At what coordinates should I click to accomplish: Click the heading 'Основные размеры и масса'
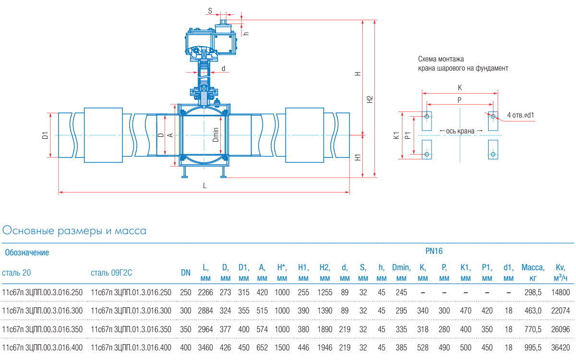click(x=74, y=231)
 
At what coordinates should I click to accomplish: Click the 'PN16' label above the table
click(x=434, y=251)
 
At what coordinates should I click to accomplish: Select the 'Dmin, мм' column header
click(x=401, y=273)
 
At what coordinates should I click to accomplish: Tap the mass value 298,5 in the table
click(x=533, y=292)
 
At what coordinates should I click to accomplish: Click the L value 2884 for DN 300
click(x=205, y=311)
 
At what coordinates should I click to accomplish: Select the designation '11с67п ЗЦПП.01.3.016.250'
click(x=131, y=292)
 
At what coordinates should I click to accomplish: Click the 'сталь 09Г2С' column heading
click(x=111, y=273)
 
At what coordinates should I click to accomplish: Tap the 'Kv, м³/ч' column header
click(x=561, y=273)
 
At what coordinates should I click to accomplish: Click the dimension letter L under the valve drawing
click(x=204, y=186)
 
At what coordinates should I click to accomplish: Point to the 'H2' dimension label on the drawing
click(x=369, y=99)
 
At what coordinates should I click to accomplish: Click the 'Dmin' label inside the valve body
click(x=216, y=134)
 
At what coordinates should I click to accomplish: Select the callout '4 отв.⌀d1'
click(x=521, y=115)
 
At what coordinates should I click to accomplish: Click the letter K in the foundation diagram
click(x=460, y=88)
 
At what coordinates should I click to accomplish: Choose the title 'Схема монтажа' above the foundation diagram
click(x=441, y=60)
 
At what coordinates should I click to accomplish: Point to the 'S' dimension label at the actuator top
click(x=210, y=10)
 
